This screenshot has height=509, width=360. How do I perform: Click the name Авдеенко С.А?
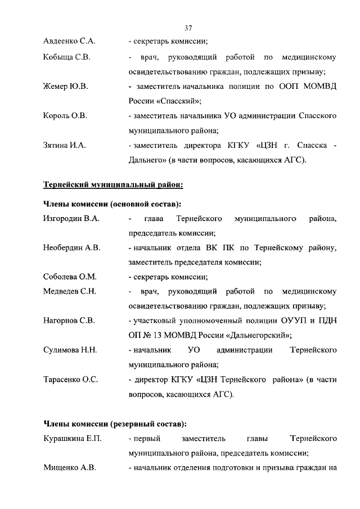click(x=70, y=42)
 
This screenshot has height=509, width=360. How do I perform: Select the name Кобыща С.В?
click(x=67, y=57)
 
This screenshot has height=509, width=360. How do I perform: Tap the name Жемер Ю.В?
click(x=65, y=87)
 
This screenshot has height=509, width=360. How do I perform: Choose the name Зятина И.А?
click(x=64, y=146)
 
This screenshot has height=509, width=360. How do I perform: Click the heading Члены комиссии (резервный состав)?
click(x=115, y=423)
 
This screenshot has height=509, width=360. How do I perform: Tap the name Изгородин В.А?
click(x=71, y=218)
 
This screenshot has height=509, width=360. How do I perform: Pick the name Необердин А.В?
click(x=72, y=247)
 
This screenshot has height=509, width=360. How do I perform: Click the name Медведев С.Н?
click(x=70, y=291)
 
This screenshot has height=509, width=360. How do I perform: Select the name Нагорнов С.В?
click(x=69, y=321)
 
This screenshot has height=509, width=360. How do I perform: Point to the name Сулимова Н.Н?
click(x=70, y=350)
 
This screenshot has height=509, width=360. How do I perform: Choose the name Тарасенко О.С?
click(x=71, y=380)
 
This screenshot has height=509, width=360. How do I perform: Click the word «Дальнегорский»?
click(x=259, y=335)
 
